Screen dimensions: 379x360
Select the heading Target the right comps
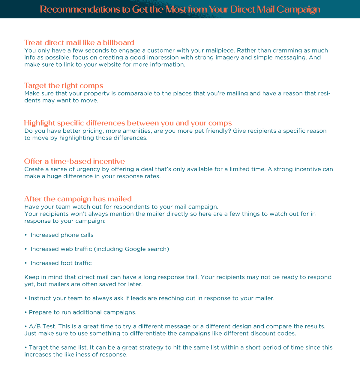[64, 86]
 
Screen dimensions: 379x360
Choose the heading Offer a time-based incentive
[74, 161]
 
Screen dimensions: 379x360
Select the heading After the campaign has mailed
[78, 199]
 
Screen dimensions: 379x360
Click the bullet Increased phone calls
[62, 235]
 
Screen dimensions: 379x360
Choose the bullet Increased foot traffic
[61, 263]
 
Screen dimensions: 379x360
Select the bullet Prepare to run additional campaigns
[82, 312]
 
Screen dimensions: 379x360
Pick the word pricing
[91, 131]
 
